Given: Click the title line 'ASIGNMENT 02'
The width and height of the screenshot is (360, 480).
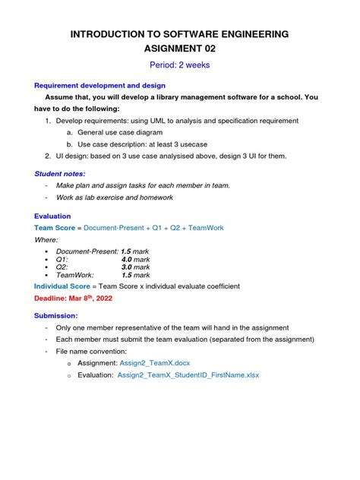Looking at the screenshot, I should click(180, 49).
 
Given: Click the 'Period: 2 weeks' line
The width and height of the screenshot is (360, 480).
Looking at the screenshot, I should click(180, 65).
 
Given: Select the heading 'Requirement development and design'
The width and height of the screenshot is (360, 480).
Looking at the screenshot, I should click(100, 86).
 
